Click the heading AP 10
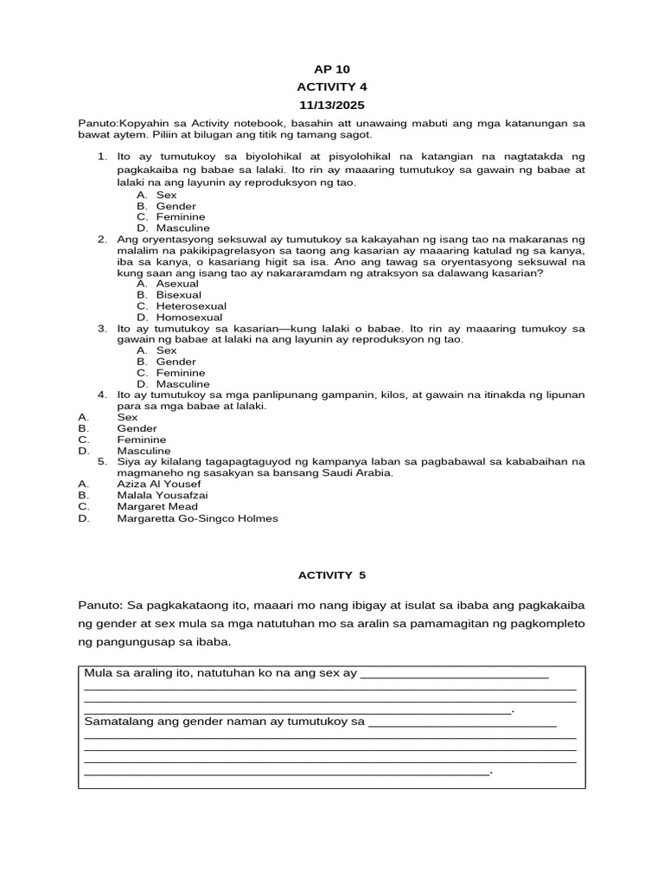tap(332, 69)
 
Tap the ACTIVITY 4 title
tap(332, 87)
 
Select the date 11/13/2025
tap(332, 104)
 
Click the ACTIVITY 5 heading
tap(332, 575)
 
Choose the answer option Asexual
tap(177, 284)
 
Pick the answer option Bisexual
tap(178, 295)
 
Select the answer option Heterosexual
tap(191, 306)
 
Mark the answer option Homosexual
tap(188, 318)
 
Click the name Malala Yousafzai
tap(163, 496)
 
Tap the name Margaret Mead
tap(157, 507)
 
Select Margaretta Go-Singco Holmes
tap(198, 518)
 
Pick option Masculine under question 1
tap(182, 228)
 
